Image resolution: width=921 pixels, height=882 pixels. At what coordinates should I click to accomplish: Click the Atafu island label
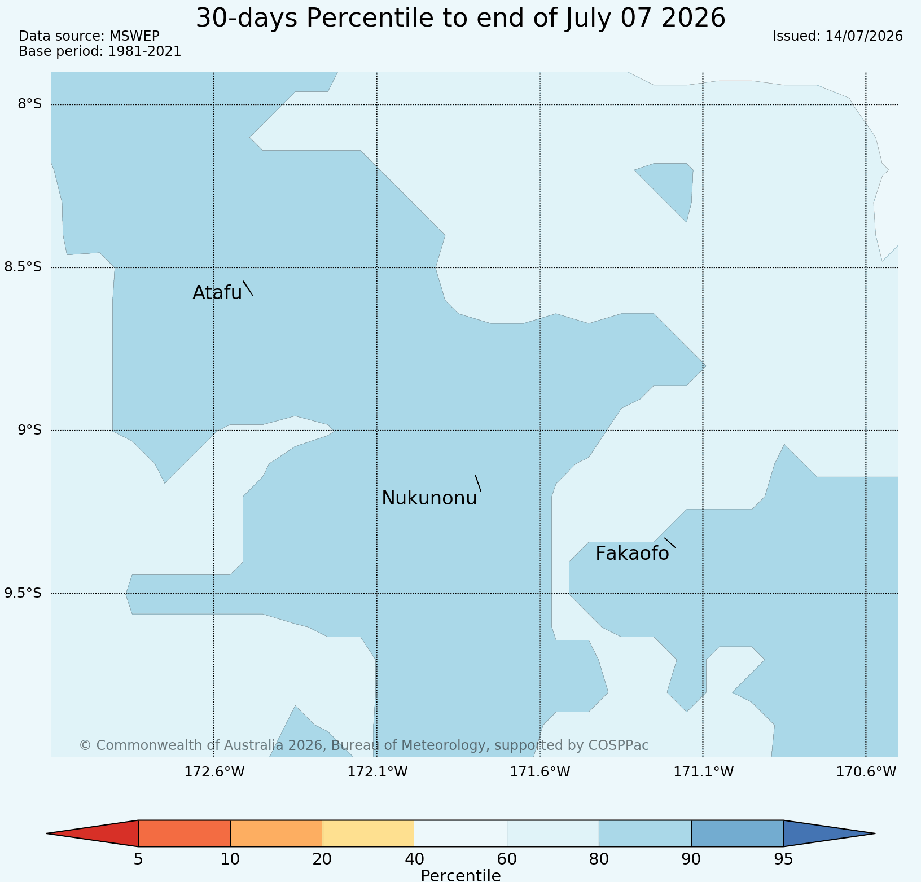point(217,293)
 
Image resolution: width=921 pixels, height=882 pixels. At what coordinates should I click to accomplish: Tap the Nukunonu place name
point(429,498)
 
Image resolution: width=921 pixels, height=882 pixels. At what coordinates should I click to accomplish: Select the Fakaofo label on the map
point(632,554)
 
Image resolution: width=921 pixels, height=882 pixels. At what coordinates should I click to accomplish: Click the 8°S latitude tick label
point(30,104)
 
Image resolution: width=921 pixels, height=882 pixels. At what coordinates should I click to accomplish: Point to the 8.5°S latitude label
point(23,267)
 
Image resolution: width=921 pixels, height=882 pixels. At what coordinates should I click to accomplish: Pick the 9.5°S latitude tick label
point(23,593)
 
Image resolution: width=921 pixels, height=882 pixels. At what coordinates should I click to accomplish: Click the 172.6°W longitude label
point(214,772)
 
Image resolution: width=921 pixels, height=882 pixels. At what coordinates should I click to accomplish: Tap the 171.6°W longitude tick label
point(540,772)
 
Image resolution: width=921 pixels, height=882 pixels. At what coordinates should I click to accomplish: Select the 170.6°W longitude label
point(866,772)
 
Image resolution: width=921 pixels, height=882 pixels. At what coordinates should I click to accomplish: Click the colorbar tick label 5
point(138,859)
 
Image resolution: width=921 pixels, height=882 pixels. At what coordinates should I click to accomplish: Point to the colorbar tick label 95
point(783,859)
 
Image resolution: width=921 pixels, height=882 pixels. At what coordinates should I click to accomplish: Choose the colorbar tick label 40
point(415,859)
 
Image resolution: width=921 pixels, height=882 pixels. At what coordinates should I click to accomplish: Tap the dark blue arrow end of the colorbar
point(830,833)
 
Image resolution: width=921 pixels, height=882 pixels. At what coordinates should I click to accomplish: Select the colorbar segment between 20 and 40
point(369,833)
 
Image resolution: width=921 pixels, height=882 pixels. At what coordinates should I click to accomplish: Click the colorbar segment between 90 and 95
point(738,833)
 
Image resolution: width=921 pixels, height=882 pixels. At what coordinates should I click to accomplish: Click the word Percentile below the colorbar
point(460,875)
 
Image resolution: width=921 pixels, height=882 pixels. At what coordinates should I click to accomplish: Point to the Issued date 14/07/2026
point(864,36)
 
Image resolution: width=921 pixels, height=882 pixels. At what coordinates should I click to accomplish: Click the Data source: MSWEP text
point(89,36)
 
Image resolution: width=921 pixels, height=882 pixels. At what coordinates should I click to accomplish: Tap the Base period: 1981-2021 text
point(100,51)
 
